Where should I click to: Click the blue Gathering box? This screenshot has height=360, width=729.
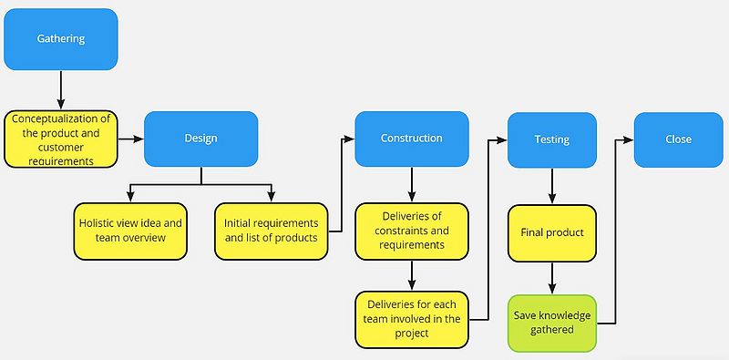coord(61,39)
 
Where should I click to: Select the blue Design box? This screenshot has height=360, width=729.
coord(200,139)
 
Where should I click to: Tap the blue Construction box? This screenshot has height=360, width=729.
coord(412,139)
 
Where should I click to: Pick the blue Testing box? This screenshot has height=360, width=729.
coord(552,140)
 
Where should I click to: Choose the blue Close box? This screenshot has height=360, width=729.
coord(678,139)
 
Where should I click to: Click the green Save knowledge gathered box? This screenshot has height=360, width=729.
coord(552,324)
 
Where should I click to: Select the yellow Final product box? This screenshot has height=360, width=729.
coord(552,233)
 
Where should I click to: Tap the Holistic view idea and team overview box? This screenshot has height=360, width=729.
coord(130,231)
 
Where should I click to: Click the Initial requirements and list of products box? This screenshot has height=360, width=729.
coord(272,231)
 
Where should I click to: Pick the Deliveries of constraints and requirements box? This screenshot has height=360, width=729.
coord(412,231)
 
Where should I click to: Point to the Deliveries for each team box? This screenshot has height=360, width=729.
coord(413,320)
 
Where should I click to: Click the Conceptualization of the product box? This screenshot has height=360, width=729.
coord(61,139)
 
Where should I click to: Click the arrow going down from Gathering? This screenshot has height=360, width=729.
coord(61,89)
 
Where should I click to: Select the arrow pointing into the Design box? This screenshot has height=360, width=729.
coord(131,139)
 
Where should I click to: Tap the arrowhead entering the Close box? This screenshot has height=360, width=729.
coord(629,139)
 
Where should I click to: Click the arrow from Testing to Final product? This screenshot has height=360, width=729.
coord(552,186)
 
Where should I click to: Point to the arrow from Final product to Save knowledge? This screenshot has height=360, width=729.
coord(552,278)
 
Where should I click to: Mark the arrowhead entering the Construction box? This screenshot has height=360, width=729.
coord(349,139)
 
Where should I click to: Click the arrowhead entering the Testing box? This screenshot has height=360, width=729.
coord(502,140)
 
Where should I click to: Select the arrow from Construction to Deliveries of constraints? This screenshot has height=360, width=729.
coord(412,185)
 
